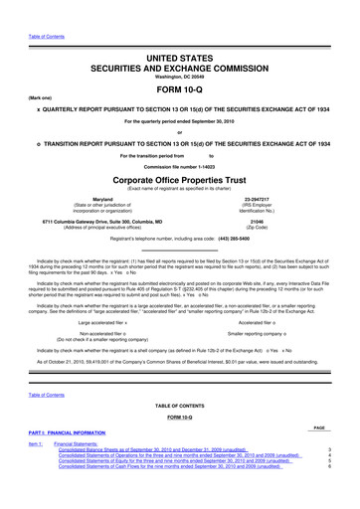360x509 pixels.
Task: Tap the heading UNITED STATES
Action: (x=179, y=33)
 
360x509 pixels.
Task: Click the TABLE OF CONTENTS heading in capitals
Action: (x=179, y=408)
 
